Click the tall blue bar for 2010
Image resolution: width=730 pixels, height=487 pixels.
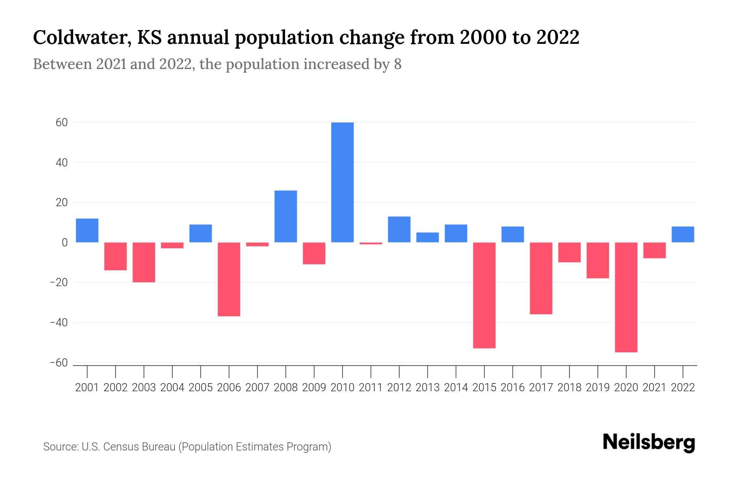(x=342, y=183)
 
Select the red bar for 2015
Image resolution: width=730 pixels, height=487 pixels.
(x=484, y=295)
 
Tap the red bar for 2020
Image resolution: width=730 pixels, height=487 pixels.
(x=626, y=297)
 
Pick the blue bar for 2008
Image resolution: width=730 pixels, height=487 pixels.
(x=286, y=216)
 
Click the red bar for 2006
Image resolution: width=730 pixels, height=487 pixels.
(x=229, y=279)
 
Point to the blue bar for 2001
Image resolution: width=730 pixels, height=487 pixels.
(x=87, y=231)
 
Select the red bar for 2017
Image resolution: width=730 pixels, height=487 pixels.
(x=541, y=278)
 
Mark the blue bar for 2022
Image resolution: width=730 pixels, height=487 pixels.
(x=683, y=235)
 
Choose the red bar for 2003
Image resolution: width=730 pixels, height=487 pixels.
(x=144, y=262)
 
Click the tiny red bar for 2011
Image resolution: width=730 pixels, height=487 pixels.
(x=371, y=243)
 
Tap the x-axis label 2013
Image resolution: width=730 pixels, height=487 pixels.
(x=427, y=388)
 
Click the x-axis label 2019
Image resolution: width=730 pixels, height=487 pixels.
(x=598, y=388)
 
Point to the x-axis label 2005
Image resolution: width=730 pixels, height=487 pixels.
(x=201, y=388)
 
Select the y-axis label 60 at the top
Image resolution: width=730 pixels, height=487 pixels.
(x=62, y=122)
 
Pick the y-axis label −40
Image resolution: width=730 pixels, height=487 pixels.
(x=58, y=323)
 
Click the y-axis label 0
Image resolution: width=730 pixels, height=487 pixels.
(x=64, y=243)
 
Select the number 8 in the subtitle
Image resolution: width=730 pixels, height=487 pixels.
(x=397, y=64)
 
